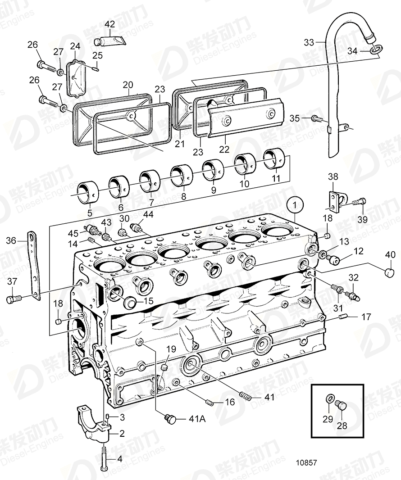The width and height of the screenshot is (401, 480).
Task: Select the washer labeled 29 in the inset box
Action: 329,398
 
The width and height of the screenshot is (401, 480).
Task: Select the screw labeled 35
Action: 316,119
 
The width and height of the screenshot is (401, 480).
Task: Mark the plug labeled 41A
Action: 170,418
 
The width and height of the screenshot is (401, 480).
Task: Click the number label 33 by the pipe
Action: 309,42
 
